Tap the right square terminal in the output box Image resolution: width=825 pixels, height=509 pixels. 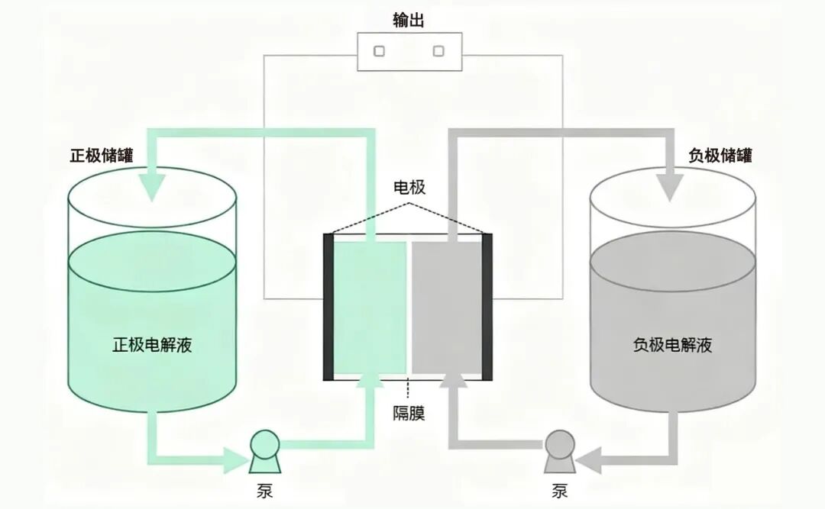pyautogui.click(x=438, y=51)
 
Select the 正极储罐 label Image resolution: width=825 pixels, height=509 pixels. pyautogui.click(x=102, y=156)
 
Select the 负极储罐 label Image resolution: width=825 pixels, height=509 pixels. pyautogui.click(x=720, y=156)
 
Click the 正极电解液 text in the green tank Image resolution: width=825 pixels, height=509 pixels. pyautogui.click(x=152, y=345)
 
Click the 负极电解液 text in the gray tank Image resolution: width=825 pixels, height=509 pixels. pyautogui.click(x=672, y=345)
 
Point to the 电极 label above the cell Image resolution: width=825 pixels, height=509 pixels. pyautogui.click(x=409, y=188)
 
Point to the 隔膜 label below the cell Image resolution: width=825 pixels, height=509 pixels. pyautogui.click(x=409, y=414)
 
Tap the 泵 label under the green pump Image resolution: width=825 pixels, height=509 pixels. pyautogui.click(x=264, y=490)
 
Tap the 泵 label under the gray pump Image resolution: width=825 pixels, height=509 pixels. pyautogui.click(x=559, y=490)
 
